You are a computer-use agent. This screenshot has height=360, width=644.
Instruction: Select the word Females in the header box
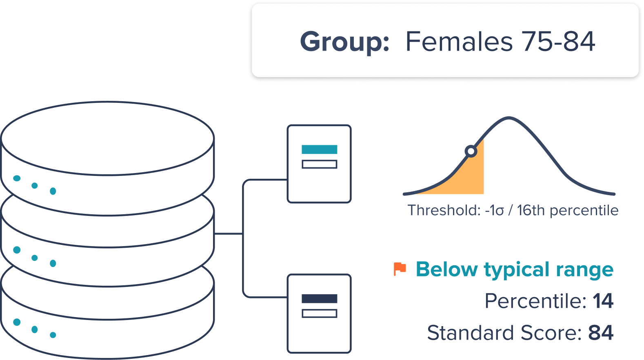coord(459,41)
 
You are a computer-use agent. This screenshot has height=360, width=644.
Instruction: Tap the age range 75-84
coord(558,41)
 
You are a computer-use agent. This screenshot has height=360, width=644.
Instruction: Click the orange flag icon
coord(400,269)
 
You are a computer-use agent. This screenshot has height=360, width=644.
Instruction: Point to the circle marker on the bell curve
coord(471,151)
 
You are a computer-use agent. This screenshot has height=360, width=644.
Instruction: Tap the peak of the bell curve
coord(509,118)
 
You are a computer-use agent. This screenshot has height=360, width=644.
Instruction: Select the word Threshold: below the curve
coord(444,210)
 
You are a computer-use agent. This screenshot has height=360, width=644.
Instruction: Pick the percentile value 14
coord(603,301)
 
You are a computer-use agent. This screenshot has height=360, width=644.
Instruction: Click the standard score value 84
coord(601,333)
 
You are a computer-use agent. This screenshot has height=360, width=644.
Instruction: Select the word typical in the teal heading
coord(517,270)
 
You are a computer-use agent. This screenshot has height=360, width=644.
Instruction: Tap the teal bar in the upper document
coord(320,149)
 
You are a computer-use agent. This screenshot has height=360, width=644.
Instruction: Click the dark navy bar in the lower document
coord(320,299)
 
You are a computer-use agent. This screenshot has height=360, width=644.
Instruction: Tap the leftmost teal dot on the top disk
coord(17,178)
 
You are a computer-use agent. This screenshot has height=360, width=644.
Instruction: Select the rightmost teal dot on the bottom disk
coord(53,335)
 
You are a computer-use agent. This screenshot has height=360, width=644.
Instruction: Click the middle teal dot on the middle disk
coord(35,258)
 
